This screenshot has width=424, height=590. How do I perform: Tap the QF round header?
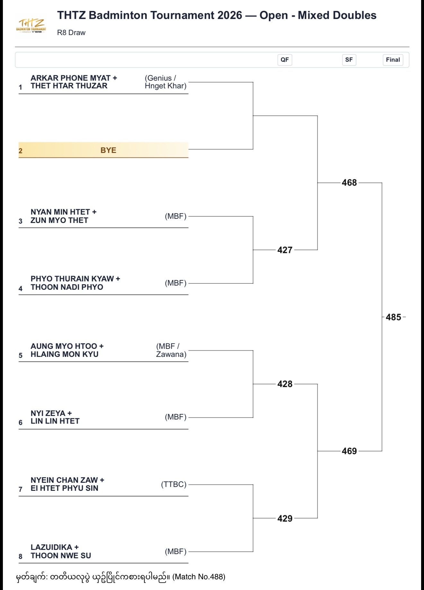[x=285, y=60]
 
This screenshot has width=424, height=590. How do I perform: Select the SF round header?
[x=349, y=60]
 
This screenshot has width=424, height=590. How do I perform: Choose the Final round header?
[x=393, y=60]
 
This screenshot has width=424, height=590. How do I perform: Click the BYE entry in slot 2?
[x=108, y=150]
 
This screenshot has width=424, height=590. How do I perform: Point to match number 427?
[x=285, y=250]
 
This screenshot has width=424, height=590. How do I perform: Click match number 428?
[x=285, y=384]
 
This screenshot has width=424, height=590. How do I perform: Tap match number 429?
[x=285, y=518]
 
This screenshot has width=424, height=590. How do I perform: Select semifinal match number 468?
[x=349, y=183]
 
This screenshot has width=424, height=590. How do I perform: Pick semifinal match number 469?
[x=349, y=451]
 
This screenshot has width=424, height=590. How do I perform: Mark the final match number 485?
[x=393, y=317]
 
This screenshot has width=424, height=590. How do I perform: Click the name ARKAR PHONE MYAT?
[x=71, y=78]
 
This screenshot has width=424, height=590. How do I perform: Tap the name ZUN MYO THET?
[x=59, y=220]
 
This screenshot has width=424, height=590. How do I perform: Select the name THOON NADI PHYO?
[x=67, y=287]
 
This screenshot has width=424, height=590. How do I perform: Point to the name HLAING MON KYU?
[x=65, y=354]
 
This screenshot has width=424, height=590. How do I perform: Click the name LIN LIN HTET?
[x=55, y=421]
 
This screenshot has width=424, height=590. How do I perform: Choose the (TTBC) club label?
[x=174, y=484]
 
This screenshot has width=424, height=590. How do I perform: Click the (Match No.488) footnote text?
[x=199, y=577]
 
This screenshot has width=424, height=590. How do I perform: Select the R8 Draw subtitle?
[x=71, y=33]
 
